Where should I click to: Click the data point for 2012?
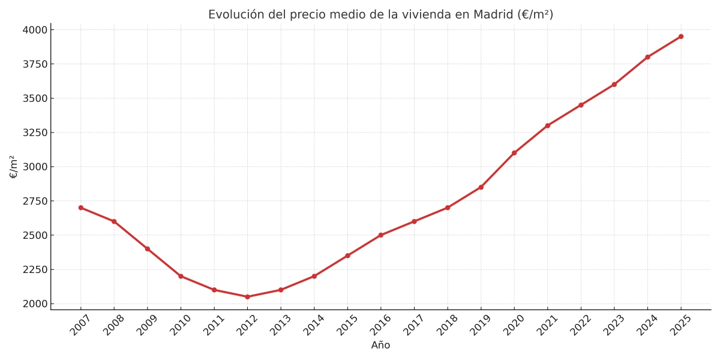[247, 296]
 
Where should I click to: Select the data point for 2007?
[81, 208]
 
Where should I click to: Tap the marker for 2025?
[681, 37]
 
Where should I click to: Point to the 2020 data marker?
[514, 153]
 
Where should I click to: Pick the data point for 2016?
[381, 235]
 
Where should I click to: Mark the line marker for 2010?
[181, 276]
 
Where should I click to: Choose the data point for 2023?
[614, 85]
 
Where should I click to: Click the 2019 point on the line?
[481, 187]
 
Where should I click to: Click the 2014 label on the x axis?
[312, 325]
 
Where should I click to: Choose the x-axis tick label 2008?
[112, 325]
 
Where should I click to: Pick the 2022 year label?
[579, 325]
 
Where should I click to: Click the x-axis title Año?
[380, 346]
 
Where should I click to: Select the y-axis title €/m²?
[14, 167]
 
